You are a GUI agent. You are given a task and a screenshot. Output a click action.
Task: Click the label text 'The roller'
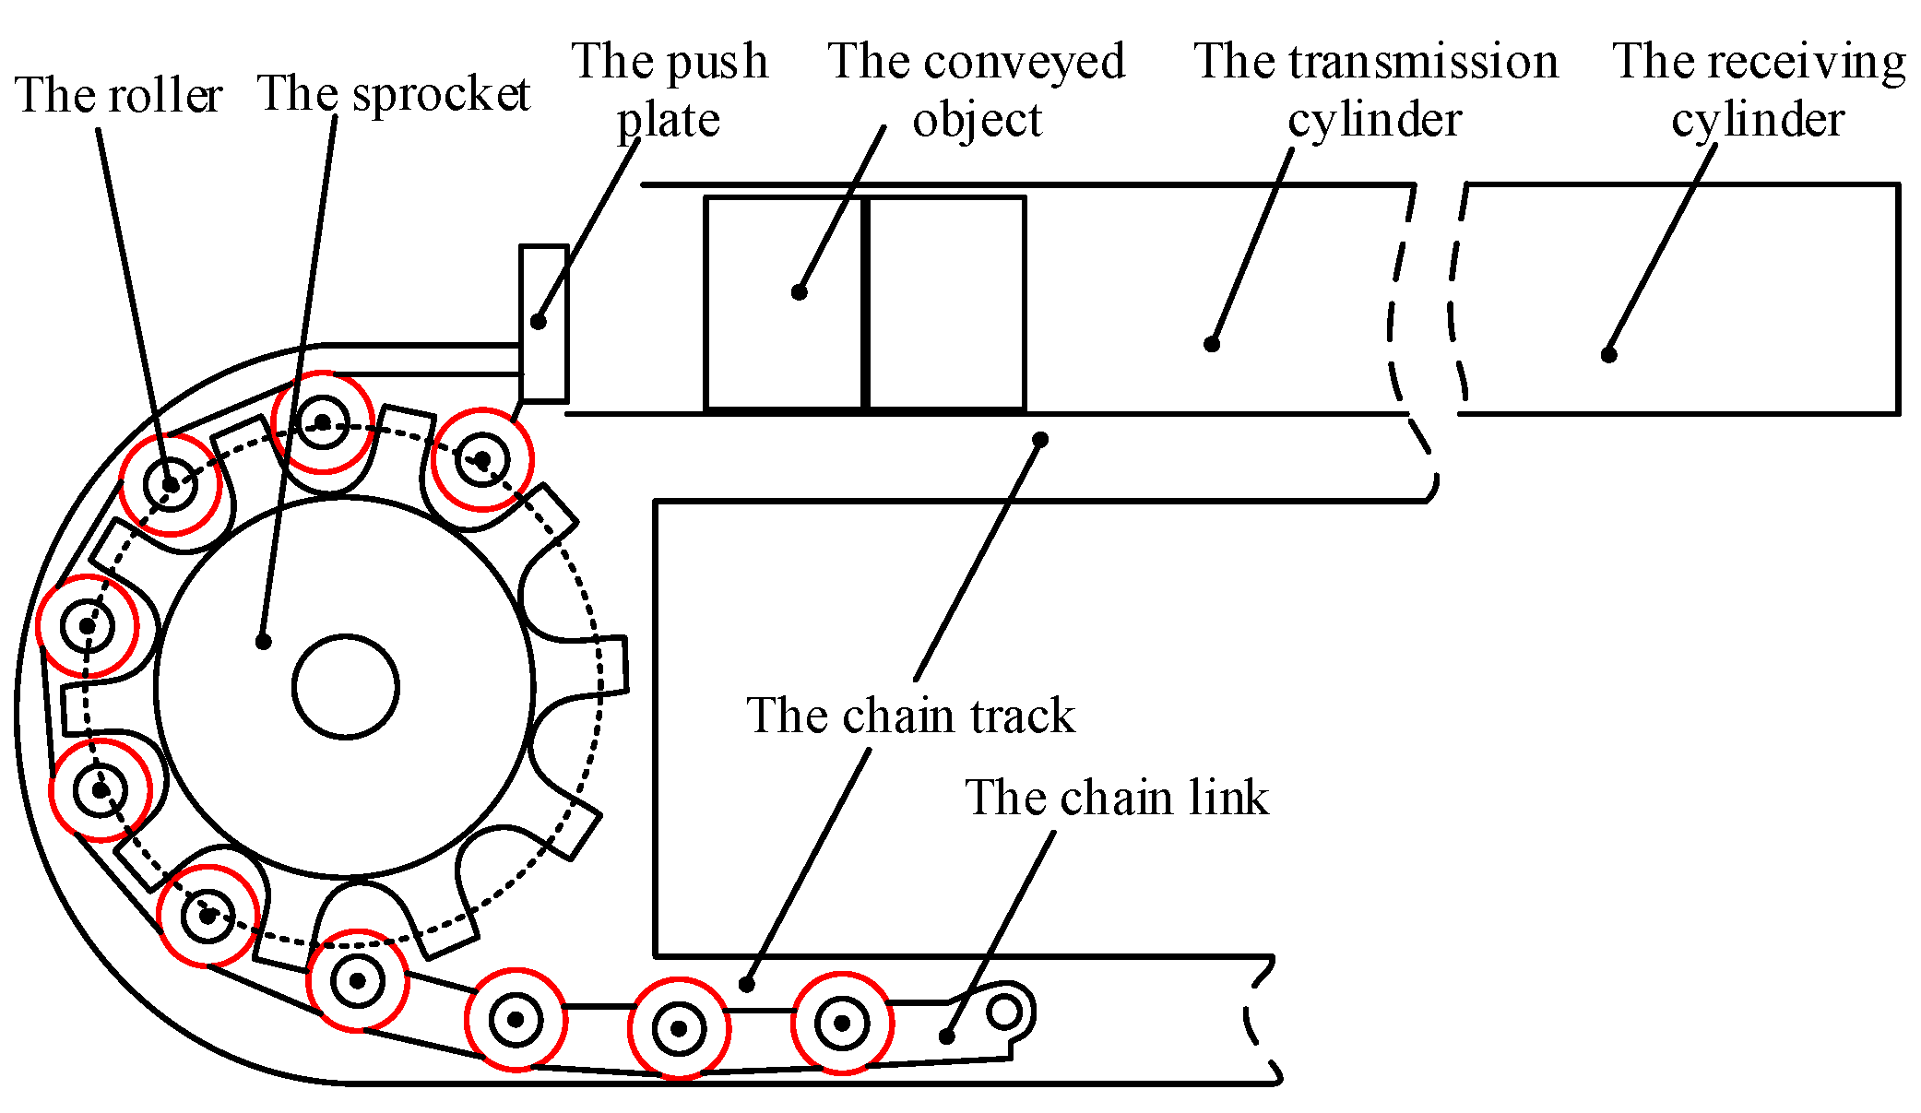[118, 95]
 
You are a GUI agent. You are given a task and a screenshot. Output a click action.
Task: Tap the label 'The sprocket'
[394, 93]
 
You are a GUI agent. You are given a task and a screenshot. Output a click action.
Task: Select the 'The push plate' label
[670, 89]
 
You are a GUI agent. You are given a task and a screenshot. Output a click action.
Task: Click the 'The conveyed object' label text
[977, 89]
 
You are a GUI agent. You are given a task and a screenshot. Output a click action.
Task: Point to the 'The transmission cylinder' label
[1375, 89]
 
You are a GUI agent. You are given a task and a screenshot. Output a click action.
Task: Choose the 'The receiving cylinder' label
[1758, 89]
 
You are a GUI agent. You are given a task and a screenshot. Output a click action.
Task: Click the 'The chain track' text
[910, 716]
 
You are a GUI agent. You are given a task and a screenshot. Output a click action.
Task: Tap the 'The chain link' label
[1116, 798]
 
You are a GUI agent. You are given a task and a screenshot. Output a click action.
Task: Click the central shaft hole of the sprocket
[345, 686]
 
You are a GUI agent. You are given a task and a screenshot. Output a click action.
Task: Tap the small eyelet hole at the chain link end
[1003, 1012]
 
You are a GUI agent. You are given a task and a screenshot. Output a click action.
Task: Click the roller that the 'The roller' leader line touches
[171, 484]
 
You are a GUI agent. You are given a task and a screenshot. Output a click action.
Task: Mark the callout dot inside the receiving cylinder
[1608, 355]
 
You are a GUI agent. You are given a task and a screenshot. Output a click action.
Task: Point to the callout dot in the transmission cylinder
[1212, 344]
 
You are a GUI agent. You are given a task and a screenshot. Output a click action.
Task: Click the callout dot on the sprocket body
[264, 641]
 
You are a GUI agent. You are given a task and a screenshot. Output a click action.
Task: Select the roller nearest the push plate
[482, 458]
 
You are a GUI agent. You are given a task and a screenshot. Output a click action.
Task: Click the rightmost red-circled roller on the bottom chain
[842, 1023]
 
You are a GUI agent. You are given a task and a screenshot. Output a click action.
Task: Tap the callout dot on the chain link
[946, 1036]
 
